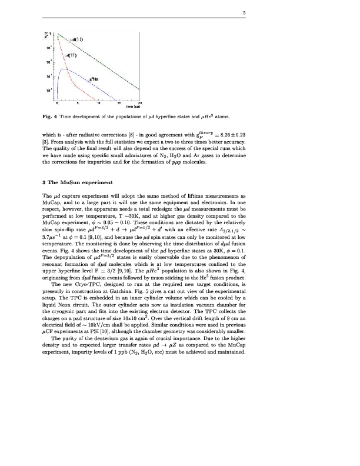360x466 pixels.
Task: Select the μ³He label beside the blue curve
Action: (94, 78)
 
